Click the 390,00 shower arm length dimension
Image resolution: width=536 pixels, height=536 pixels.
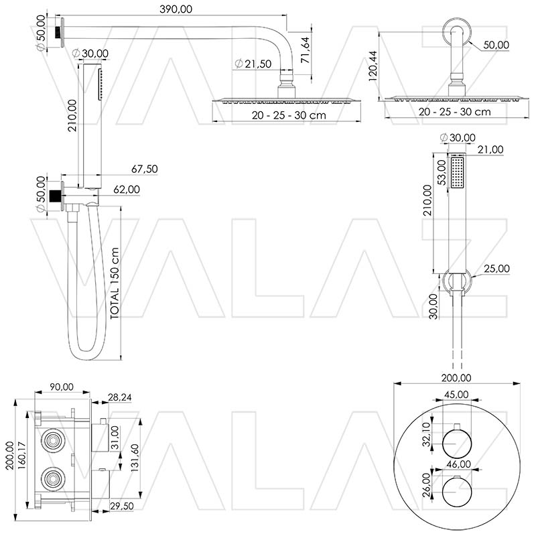[176, 9]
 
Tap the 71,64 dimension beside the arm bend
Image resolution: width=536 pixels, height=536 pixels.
[305, 50]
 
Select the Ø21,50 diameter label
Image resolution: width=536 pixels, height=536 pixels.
[253, 64]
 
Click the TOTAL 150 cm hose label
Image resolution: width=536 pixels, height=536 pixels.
[115, 283]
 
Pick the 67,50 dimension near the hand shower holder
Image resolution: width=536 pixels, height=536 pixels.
[145, 169]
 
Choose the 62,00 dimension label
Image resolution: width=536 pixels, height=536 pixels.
[127, 190]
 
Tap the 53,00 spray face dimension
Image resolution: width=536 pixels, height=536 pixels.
[443, 173]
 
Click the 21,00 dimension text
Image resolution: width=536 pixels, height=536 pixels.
[490, 149]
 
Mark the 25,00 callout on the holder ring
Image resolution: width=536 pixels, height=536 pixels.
[496, 269]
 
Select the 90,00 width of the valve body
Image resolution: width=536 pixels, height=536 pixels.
[62, 387]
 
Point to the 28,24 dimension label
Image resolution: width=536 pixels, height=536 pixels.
[120, 397]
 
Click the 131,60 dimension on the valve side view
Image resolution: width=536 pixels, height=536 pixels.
[135, 458]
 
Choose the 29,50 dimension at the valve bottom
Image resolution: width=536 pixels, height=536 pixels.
[122, 506]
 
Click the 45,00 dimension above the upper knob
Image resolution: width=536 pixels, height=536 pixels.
[456, 395]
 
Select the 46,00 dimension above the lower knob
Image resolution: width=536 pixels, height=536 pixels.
[458, 464]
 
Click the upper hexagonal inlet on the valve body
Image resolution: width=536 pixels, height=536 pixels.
[53, 440]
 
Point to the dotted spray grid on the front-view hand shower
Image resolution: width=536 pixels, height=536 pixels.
[457, 173]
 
